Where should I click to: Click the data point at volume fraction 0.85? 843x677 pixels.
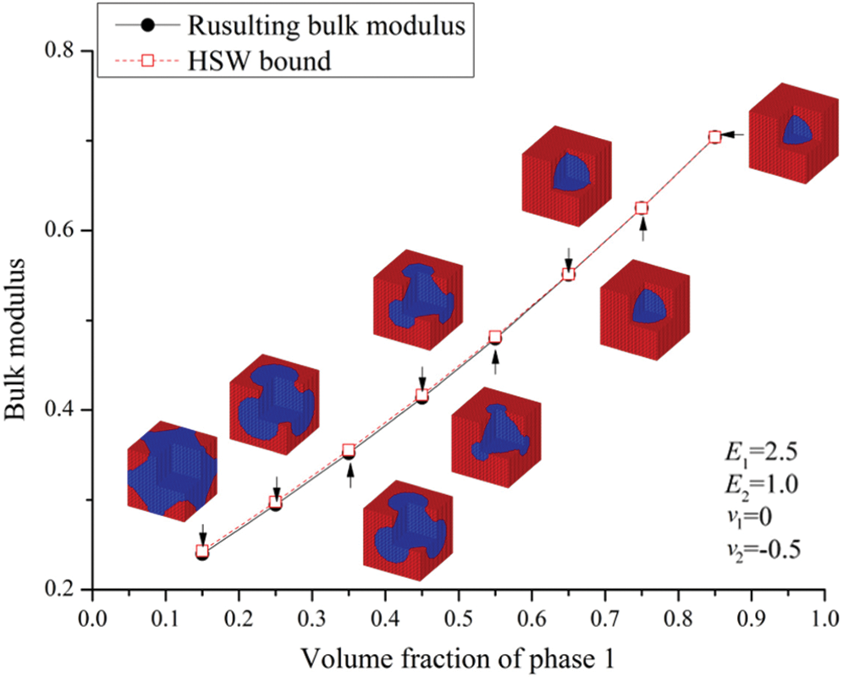(x=715, y=137)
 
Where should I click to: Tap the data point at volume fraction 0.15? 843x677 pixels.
(x=202, y=553)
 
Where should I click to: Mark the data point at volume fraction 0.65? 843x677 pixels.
(x=569, y=274)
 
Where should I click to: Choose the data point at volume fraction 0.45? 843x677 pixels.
(x=421, y=396)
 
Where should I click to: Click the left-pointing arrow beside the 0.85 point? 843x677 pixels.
(x=735, y=135)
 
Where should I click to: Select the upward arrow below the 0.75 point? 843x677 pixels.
(x=642, y=229)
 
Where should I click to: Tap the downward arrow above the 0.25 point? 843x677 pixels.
(x=276, y=486)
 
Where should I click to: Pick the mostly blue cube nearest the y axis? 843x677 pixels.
(x=173, y=468)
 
